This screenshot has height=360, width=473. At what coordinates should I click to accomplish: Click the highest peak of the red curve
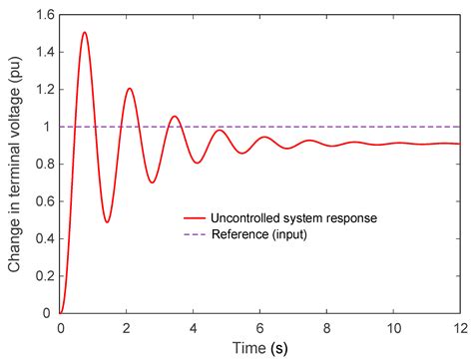click(x=84, y=32)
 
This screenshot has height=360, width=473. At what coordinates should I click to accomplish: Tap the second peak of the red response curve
click(x=129, y=89)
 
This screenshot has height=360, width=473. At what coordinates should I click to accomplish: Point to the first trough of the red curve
click(x=107, y=221)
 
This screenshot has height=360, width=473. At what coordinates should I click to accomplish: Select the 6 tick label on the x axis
click(x=260, y=327)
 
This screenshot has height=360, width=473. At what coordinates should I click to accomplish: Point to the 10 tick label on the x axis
click(x=393, y=327)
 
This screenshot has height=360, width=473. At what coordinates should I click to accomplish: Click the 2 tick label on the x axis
click(x=127, y=327)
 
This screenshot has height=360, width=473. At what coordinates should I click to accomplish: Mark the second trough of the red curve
click(x=152, y=182)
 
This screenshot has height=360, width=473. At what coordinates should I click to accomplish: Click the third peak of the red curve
click(x=175, y=116)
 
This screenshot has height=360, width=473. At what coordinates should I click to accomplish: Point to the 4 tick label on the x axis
click(x=194, y=327)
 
